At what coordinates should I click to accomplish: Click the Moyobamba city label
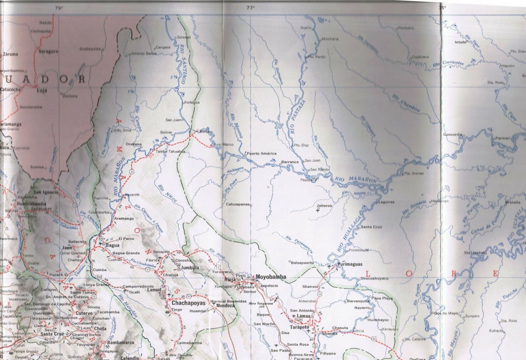tap(270, 277)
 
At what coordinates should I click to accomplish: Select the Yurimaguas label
tap(350, 264)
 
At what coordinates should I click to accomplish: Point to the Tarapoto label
tap(299, 327)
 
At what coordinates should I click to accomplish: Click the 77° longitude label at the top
tap(250, 7)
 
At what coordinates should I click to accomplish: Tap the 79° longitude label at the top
tap(59, 7)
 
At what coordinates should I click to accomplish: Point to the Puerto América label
tap(262, 153)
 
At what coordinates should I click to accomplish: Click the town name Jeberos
tap(324, 206)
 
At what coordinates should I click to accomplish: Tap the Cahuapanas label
tap(237, 204)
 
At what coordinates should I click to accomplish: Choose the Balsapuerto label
tap(303, 262)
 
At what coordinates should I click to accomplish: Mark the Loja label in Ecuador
tap(42, 90)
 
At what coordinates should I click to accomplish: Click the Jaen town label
tap(67, 247)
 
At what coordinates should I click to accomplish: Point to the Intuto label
tap(460, 42)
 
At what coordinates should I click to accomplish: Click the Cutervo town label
tap(84, 313)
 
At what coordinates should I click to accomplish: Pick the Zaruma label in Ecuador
tap(10, 54)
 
